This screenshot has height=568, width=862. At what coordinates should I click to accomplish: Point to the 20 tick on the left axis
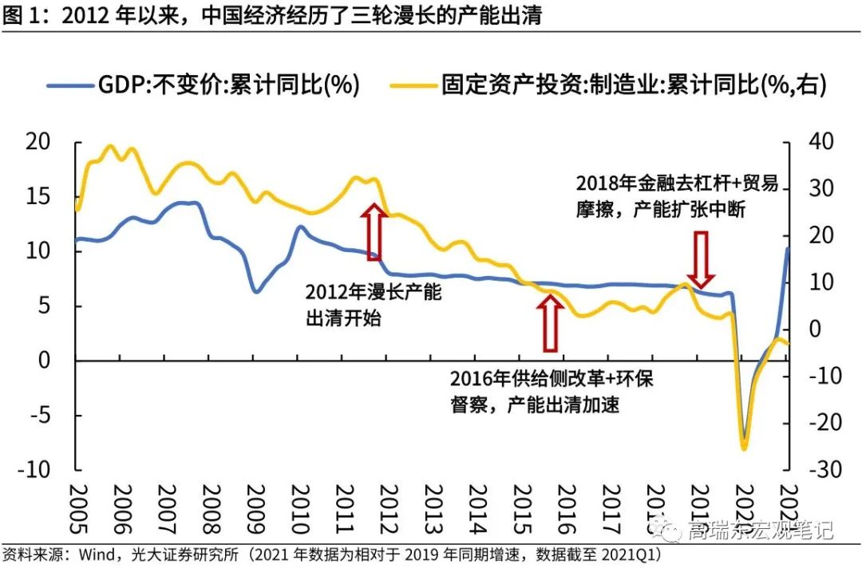pyautogui.click(x=39, y=142)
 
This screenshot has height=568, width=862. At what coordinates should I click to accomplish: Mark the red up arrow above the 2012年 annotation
pyautogui.click(x=373, y=231)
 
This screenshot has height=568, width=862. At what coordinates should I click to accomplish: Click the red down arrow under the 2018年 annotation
pyautogui.click(x=701, y=258)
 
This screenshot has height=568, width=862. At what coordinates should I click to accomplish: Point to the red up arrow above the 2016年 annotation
pyautogui.click(x=550, y=322)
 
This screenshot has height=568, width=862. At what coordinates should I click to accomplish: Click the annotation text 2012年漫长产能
pyautogui.click(x=374, y=292)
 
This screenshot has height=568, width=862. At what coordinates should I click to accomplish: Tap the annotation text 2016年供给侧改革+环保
pyautogui.click(x=552, y=377)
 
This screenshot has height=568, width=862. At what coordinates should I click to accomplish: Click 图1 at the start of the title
pyautogui.click(x=20, y=15)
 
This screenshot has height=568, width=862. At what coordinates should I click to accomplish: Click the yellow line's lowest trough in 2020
pyautogui.click(x=744, y=448)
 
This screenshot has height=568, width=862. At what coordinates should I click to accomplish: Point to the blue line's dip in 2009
pyautogui.click(x=255, y=291)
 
